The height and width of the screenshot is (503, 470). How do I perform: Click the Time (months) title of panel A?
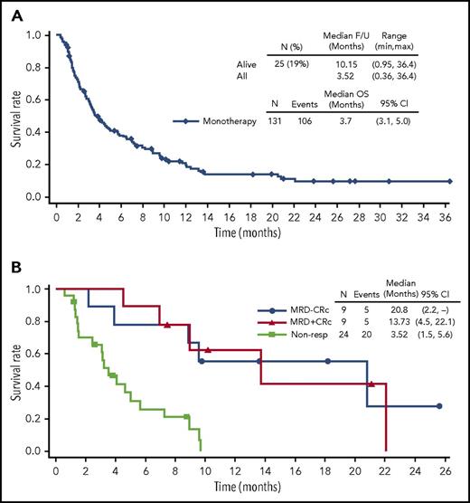[x=255, y=234]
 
